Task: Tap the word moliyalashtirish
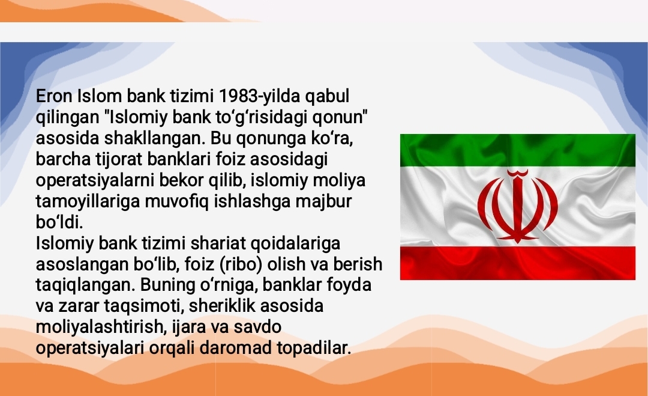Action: [95, 327]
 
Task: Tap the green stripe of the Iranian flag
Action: [517, 150]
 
